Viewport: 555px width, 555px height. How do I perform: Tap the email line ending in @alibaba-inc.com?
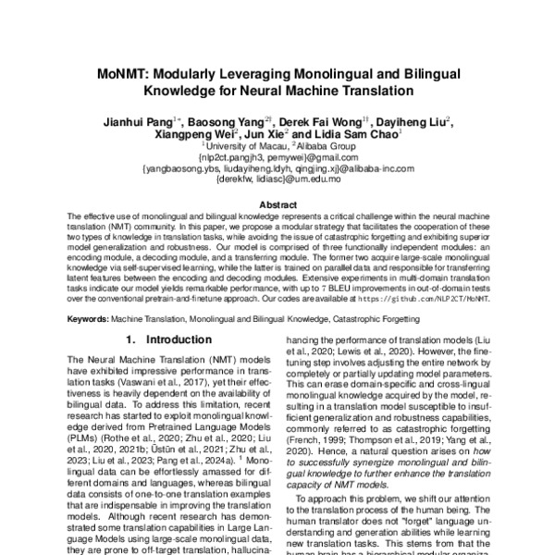point(277,168)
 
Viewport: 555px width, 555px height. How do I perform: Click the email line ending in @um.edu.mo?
point(277,179)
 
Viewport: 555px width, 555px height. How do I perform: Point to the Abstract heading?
point(277,204)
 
